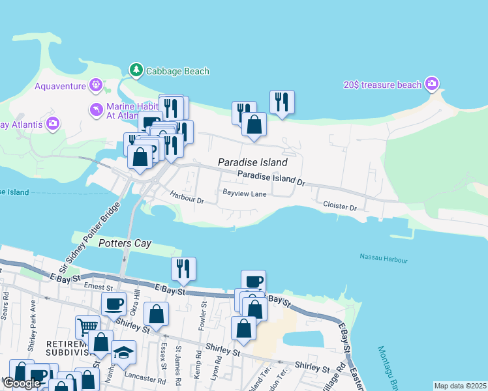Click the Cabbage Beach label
(x=177, y=71)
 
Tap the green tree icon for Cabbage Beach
(x=136, y=69)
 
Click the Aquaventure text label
(x=61, y=86)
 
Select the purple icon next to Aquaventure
(x=97, y=84)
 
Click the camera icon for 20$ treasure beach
(x=431, y=84)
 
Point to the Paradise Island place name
(x=252, y=162)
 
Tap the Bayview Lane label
(x=244, y=194)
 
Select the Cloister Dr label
(x=339, y=206)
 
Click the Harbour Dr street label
(x=187, y=197)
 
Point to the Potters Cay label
(x=125, y=244)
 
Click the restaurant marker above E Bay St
(x=183, y=268)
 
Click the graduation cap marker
(x=123, y=351)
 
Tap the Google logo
(x=22, y=383)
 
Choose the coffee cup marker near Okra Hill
(x=114, y=304)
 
